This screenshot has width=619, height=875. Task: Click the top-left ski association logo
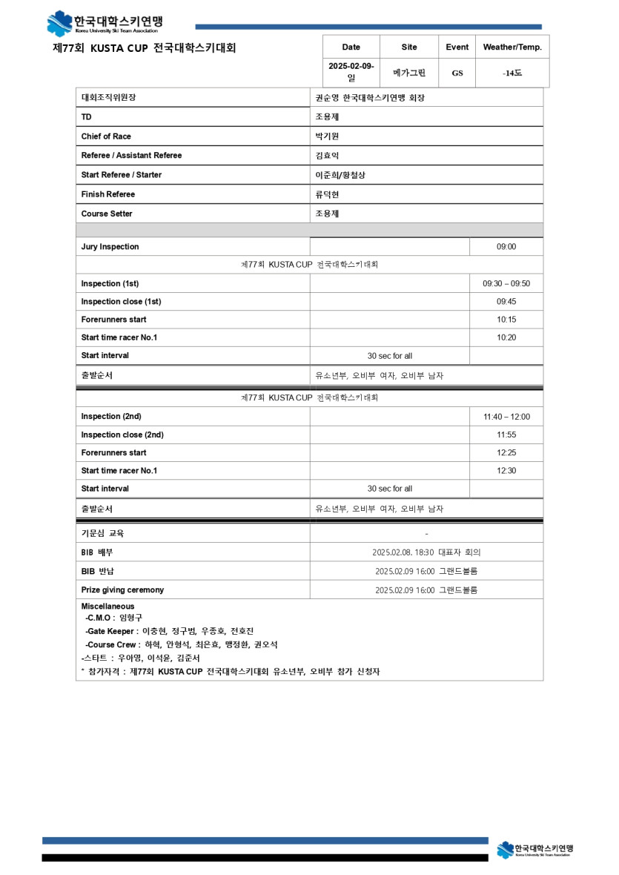tap(104, 23)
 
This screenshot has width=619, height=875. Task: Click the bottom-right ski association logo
tap(534, 849)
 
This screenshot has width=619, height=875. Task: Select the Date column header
tap(351, 47)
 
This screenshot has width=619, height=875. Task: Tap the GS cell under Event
tap(457, 73)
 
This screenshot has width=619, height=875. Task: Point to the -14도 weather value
tap(512, 73)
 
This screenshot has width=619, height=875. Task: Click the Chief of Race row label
tap(106, 136)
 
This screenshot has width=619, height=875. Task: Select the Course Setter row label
tap(107, 214)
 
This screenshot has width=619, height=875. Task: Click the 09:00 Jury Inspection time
tap(506, 247)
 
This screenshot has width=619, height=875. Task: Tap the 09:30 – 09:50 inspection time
tap(506, 284)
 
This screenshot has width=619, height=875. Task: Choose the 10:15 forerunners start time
tap(506, 320)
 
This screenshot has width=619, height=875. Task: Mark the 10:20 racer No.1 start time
tap(506, 337)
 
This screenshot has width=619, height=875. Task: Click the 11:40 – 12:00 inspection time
tap(506, 417)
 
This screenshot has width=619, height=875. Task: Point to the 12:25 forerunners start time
tap(506, 452)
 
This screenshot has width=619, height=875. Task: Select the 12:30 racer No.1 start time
tap(506, 471)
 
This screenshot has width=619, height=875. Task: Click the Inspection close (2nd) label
tap(122, 435)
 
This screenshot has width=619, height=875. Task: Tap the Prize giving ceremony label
tap(122, 590)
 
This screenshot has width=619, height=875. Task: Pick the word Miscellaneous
tap(107, 607)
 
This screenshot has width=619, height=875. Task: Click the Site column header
tap(409, 47)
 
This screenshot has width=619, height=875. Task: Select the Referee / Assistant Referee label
tap(131, 156)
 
